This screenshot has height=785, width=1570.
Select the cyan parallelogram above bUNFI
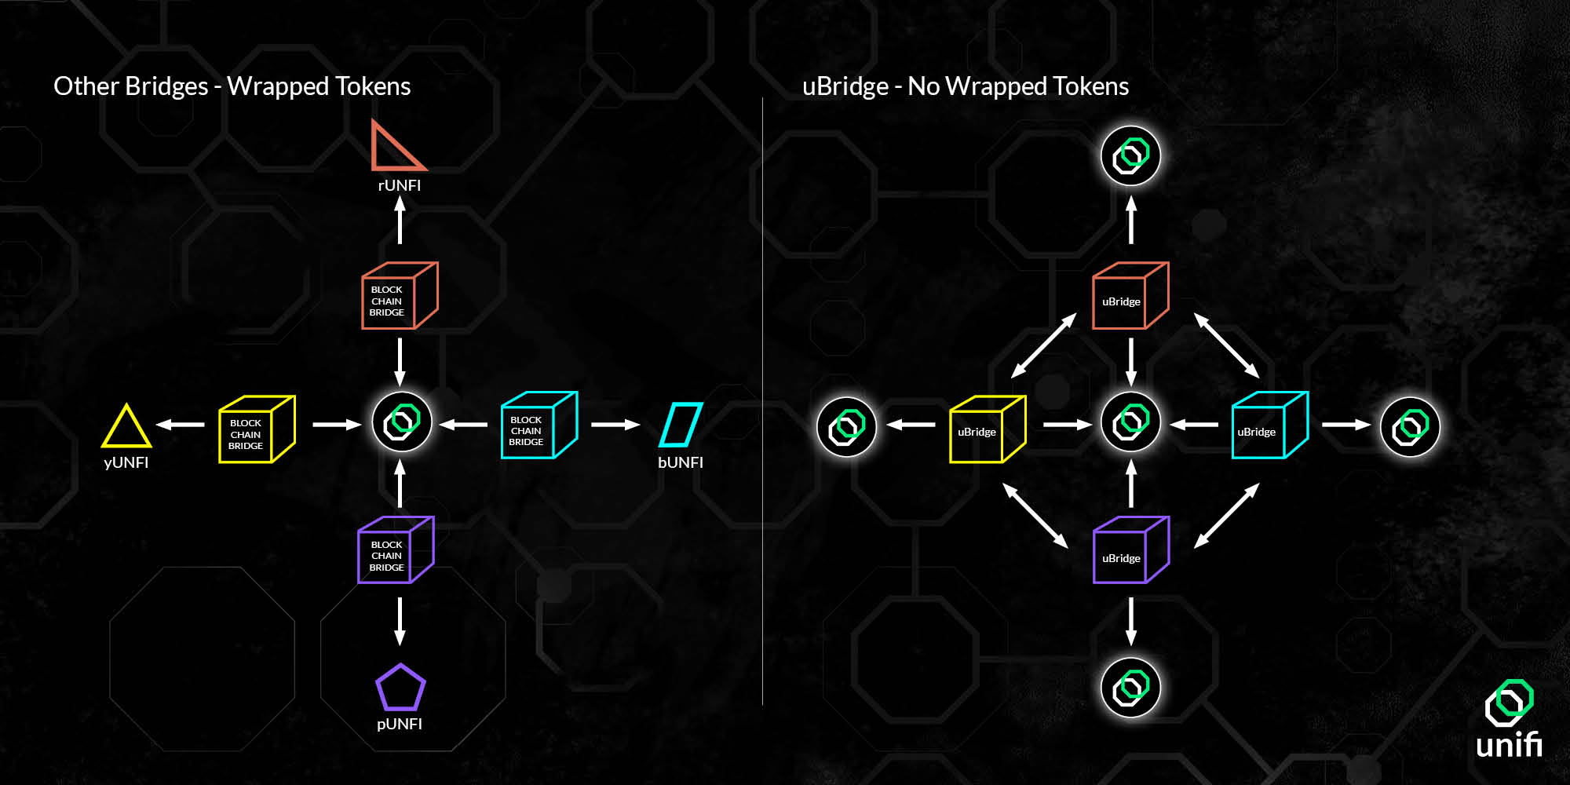(680, 425)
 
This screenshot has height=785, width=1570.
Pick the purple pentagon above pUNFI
(400, 688)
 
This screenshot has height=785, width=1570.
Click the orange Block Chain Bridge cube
(398, 297)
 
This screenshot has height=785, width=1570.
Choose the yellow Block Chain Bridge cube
(256, 429)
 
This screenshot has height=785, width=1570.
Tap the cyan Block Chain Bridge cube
(538, 426)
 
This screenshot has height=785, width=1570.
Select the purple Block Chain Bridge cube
(395, 551)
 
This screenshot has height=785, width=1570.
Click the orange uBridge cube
(1130, 297)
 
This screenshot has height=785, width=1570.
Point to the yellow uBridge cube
(987, 429)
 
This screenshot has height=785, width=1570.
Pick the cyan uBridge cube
(1269, 426)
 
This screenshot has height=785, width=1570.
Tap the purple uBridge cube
(1130, 551)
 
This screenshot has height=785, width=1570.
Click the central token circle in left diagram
(402, 422)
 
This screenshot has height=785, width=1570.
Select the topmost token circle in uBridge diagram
(1130, 155)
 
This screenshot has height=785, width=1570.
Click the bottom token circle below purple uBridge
(1130, 688)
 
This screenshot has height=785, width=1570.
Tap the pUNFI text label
(400, 724)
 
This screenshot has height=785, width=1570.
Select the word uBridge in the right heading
(845, 86)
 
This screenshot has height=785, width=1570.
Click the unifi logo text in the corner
(1508, 744)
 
